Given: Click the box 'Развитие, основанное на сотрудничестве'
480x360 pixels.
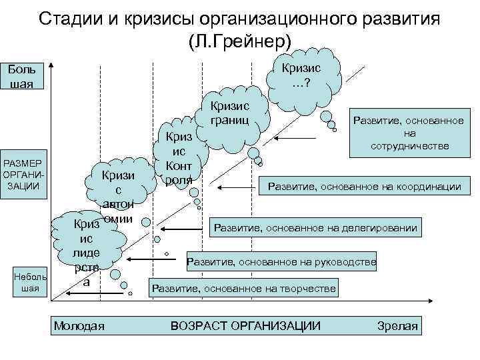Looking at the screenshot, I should [x=407, y=133].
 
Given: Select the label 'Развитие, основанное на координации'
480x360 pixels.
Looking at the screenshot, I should [x=364, y=187].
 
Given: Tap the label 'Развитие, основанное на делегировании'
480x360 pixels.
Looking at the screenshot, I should [x=315, y=229].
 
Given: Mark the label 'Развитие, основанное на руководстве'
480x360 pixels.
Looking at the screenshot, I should [x=282, y=262].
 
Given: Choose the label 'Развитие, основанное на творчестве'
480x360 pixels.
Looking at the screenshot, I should [x=244, y=289].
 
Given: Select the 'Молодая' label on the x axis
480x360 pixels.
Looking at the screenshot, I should [x=79, y=325].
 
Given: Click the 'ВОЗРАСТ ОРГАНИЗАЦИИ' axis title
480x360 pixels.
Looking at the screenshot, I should [x=246, y=325].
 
